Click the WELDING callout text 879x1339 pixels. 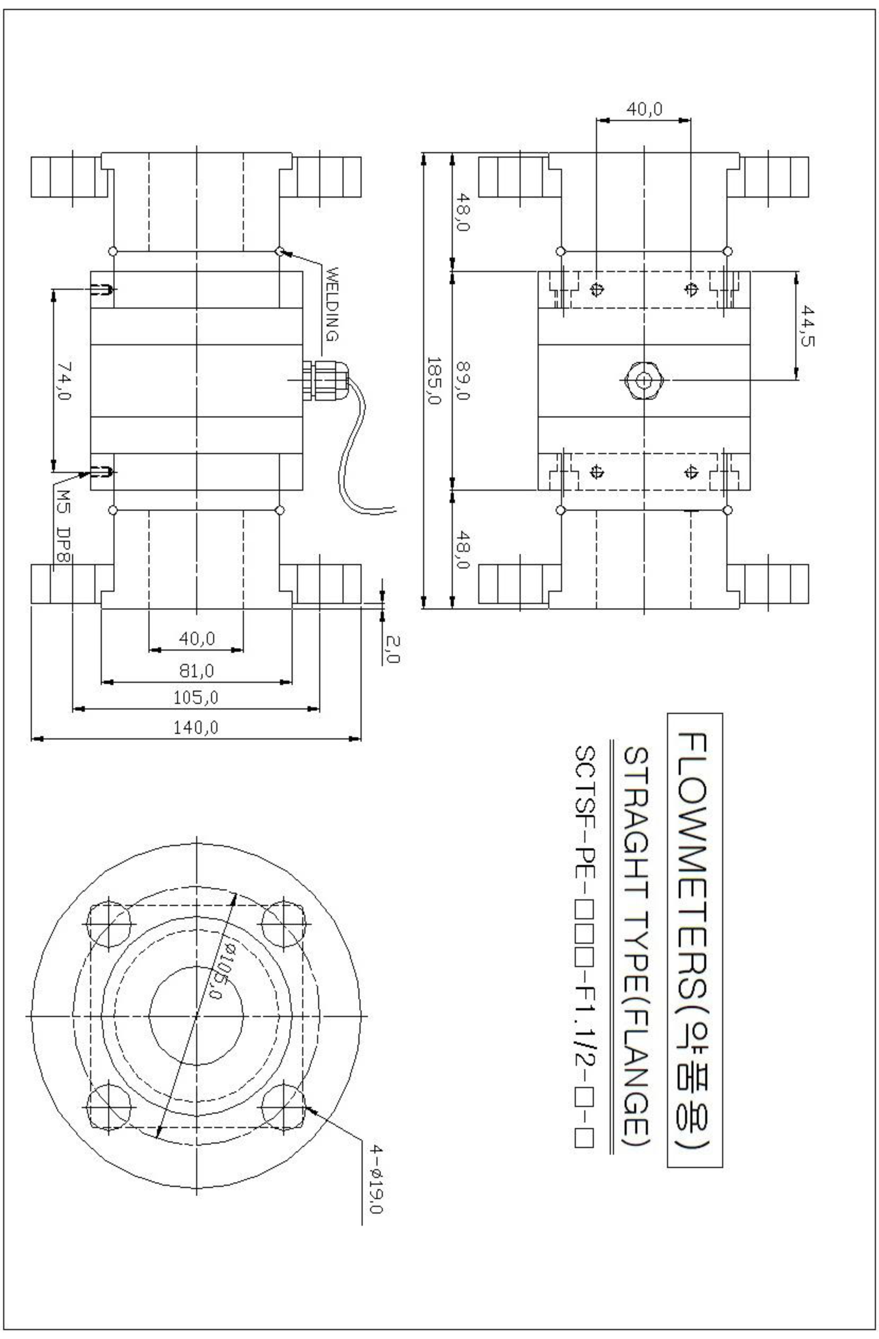tap(332, 304)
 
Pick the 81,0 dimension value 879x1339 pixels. tap(196, 671)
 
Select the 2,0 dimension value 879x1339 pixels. tap(392, 649)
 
